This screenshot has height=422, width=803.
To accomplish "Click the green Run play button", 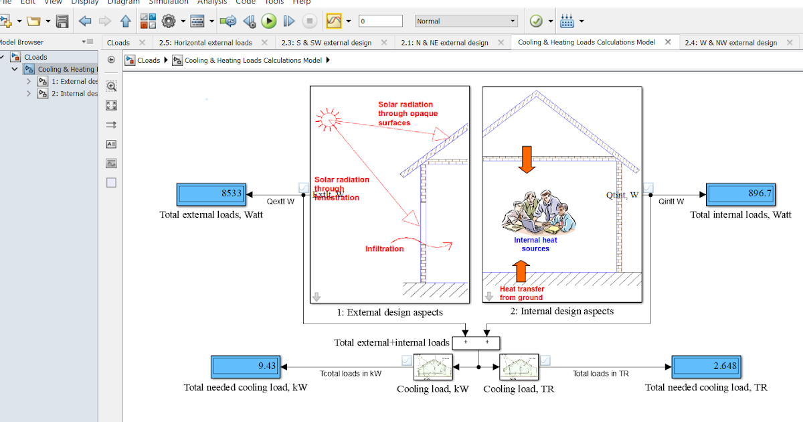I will pyautogui.click(x=269, y=21).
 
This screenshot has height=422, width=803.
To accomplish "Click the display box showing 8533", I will pyautogui.click(x=212, y=195).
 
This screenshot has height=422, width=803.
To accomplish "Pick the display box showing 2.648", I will pyautogui.click(x=706, y=367).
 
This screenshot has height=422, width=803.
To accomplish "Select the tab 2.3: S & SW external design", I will pyautogui.click(x=326, y=42).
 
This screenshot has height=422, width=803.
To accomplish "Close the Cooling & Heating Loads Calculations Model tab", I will pyautogui.click(x=668, y=42).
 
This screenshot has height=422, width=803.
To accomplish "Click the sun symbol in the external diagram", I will pyautogui.click(x=327, y=119).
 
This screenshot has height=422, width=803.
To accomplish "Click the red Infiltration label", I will pyautogui.click(x=384, y=249).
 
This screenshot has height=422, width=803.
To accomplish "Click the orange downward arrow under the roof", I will pyautogui.click(x=527, y=159).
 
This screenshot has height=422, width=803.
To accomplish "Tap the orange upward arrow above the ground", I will pyautogui.click(x=522, y=271).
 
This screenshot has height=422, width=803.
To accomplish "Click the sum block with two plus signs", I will pyautogui.click(x=476, y=342).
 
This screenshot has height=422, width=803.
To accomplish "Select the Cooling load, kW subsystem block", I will pyautogui.click(x=433, y=367).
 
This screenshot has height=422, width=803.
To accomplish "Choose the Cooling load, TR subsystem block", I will pyautogui.click(x=519, y=367).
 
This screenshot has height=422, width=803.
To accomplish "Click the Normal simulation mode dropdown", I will pyautogui.click(x=466, y=21).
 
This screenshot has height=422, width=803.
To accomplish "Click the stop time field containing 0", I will pyautogui.click(x=380, y=21).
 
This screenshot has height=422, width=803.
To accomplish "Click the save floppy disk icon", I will pyautogui.click(x=62, y=21).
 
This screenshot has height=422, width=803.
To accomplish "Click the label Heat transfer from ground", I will pyautogui.click(x=522, y=293).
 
